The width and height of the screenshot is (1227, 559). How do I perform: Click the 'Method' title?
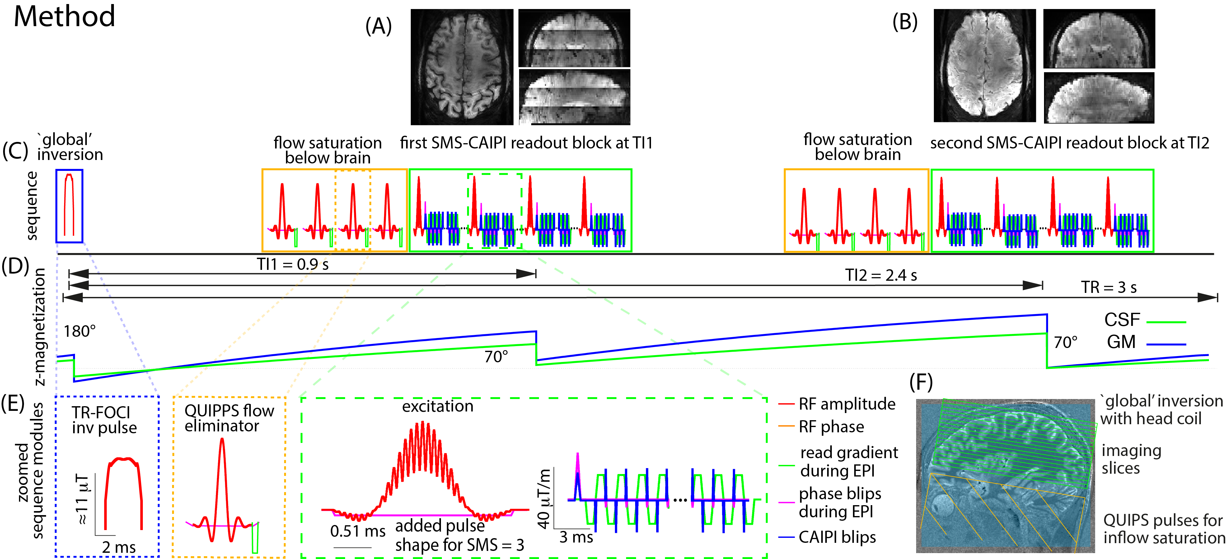click(x=64, y=17)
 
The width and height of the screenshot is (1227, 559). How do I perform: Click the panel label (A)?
click(x=378, y=26)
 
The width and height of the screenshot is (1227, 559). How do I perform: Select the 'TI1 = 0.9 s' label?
click(x=293, y=264)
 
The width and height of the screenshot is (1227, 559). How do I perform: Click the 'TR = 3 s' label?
click(x=1108, y=287)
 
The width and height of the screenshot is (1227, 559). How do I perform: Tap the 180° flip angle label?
click(x=80, y=331)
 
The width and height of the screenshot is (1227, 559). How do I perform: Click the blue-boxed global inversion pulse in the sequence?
click(x=69, y=205)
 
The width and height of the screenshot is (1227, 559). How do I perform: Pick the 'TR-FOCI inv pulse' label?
click(x=104, y=420)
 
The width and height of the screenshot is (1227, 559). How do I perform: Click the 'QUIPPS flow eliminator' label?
click(x=229, y=418)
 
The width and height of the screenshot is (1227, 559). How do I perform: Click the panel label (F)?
click(x=921, y=382)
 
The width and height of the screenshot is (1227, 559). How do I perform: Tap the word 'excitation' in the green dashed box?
click(x=438, y=406)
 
